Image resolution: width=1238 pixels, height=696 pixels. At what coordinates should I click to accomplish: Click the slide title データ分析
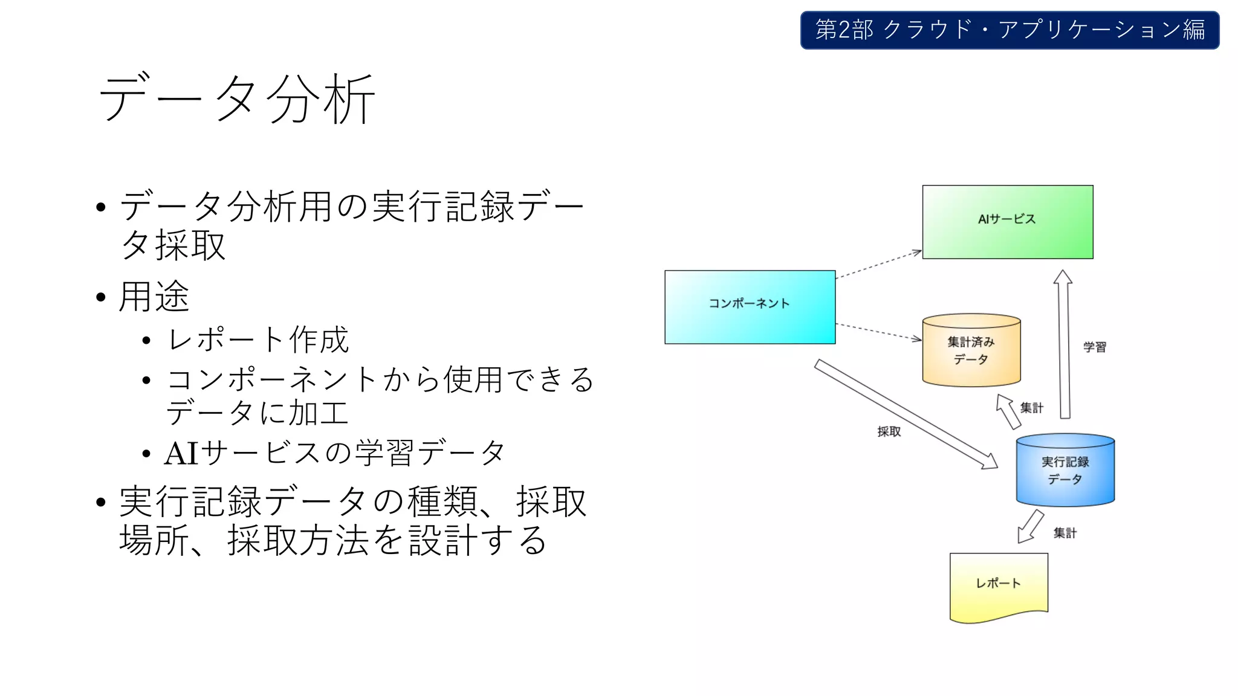coord(237,98)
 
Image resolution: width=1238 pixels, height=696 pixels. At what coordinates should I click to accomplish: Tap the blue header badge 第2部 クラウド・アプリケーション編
coord(1010,30)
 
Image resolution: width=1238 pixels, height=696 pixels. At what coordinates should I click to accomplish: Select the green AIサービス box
coord(1007,222)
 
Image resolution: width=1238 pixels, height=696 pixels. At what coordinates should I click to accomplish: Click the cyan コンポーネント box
coord(750,307)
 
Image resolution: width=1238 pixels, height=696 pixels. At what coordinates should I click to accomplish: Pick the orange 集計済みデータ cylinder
coord(971,351)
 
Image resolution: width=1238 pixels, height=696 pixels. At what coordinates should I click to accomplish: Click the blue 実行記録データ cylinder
coord(1065,471)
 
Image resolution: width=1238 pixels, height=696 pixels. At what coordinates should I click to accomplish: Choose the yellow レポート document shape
coord(998,585)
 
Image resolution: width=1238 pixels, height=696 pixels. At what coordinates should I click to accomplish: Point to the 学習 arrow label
coord(1094,347)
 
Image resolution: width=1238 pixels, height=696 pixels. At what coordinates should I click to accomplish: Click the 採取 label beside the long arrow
coord(889,431)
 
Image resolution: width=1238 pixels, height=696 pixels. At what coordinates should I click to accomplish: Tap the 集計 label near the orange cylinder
coord(1031,408)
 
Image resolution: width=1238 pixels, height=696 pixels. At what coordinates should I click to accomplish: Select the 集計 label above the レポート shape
coord(1065,533)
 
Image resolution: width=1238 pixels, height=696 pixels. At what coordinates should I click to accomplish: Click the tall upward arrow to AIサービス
coord(1064,344)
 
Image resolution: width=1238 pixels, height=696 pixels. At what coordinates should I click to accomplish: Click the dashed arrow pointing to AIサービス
coord(878,265)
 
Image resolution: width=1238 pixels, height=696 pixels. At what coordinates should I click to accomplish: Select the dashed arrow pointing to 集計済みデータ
coord(878,332)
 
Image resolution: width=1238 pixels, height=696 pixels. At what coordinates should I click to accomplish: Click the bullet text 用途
coord(154,297)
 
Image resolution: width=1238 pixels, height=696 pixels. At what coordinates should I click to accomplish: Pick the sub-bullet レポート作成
coord(258,340)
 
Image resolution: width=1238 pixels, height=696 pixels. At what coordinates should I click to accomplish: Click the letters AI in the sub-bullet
coord(181,453)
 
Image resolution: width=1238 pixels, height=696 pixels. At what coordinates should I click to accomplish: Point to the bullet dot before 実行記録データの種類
coord(101,503)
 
